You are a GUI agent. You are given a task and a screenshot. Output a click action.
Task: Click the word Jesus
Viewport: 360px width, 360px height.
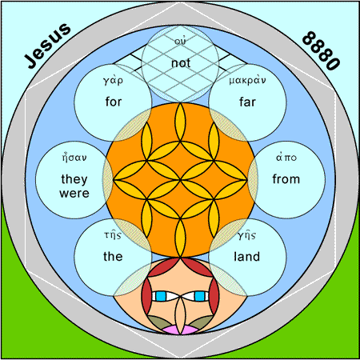48,46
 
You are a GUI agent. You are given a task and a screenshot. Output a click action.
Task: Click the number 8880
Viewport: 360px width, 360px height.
322,50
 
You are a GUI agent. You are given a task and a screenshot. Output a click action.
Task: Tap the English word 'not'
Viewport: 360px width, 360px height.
181,63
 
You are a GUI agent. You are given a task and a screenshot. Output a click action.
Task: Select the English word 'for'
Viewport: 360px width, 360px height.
114,102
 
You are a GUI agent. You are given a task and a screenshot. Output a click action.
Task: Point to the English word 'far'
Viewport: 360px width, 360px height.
247,102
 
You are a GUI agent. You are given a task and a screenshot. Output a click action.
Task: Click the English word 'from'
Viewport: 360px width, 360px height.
286,179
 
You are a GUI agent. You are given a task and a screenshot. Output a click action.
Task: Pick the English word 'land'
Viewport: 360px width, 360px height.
247,257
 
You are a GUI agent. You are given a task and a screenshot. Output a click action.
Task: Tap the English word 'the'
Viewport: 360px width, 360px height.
113,257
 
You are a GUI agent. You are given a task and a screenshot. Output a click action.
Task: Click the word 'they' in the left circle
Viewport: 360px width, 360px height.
74,179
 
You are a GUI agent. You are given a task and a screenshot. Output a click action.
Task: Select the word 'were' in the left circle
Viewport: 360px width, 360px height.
74,194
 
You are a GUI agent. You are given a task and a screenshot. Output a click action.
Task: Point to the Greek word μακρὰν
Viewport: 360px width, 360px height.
247,80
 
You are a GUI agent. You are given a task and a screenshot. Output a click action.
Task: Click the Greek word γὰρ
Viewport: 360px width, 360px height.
114,80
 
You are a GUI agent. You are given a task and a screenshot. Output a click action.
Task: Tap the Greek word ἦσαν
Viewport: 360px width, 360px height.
74,158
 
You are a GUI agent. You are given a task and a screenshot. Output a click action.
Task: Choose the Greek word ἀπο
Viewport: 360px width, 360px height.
286,158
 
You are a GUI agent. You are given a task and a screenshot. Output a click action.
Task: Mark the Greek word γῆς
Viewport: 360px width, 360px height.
247,235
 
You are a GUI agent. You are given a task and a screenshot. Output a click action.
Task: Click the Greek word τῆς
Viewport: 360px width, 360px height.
113,235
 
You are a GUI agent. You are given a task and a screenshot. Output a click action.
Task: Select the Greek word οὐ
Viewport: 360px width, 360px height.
181,41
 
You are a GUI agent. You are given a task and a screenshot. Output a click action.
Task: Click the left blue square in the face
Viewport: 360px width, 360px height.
161,296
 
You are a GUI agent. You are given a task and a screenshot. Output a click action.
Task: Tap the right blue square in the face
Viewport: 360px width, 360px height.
199,296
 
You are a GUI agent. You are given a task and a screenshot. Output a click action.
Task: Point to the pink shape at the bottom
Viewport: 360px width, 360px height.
181,330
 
